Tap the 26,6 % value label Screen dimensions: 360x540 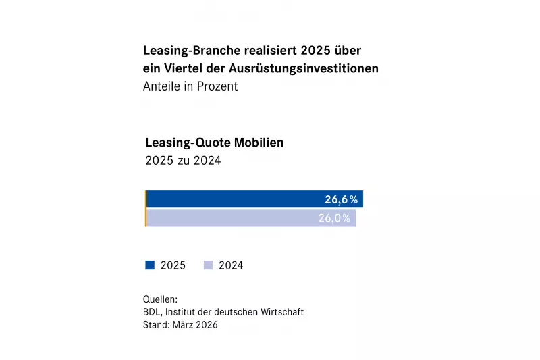[341, 199]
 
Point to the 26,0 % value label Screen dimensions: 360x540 [334, 218]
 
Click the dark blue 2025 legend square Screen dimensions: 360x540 [150, 265]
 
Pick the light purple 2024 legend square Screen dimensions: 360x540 [208, 265]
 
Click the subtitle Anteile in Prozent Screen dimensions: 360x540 [190, 86]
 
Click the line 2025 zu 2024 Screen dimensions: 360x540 [183, 161]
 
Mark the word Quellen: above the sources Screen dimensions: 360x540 [160, 299]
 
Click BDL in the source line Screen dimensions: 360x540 [151, 312]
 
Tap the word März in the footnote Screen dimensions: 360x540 [183, 325]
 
